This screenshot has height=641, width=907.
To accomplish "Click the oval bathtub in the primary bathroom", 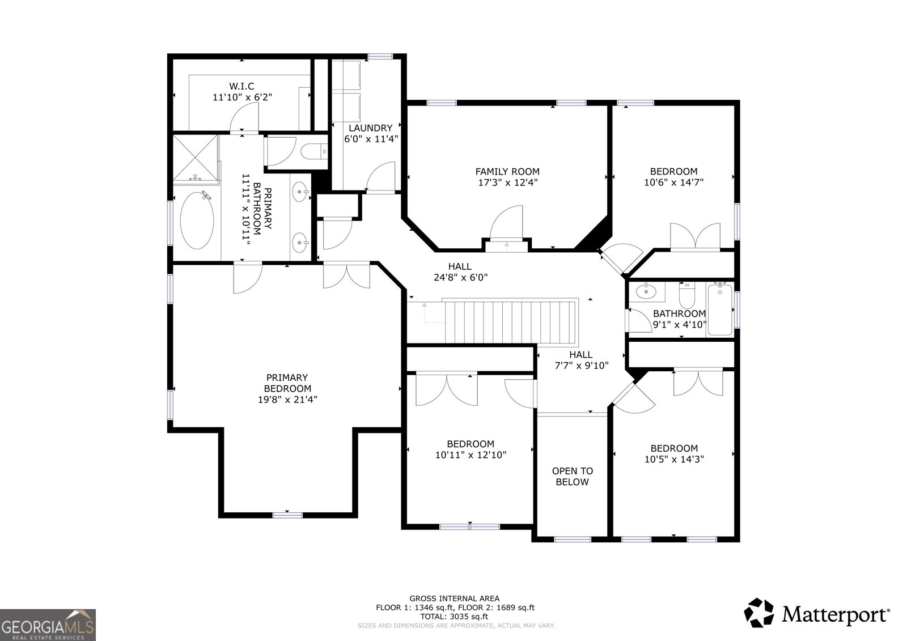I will pyautogui.click(x=197, y=220).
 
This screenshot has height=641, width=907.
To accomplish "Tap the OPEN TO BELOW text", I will pyautogui.click(x=573, y=476).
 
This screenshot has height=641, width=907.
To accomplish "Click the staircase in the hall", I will pyautogui.click(x=508, y=322).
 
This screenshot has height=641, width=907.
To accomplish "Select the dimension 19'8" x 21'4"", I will pyautogui.click(x=287, y=399).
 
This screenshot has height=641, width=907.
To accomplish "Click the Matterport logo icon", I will pyautogui.click(x=758, y=613).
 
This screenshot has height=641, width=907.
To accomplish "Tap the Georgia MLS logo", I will pyautogui.click(x=48, y=625).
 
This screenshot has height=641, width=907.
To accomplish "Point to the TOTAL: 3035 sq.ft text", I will pyautogui.click(x=455, y=616).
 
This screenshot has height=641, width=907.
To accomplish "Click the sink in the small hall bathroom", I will pyautogui.click(x=645, y=292).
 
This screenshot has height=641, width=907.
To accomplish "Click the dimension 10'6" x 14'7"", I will pyautogui.click(x=673, y=182).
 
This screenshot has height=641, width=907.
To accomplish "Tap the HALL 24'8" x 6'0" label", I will pyautogui.click(x=460, y=272).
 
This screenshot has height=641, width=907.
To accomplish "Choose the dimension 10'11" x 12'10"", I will pyautogui.click(x=471, y=455).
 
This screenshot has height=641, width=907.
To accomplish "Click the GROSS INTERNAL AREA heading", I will pyautogui.click(x=455, y=598).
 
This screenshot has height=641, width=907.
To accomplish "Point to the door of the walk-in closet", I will pyautogui.click(x=244, y=120).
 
